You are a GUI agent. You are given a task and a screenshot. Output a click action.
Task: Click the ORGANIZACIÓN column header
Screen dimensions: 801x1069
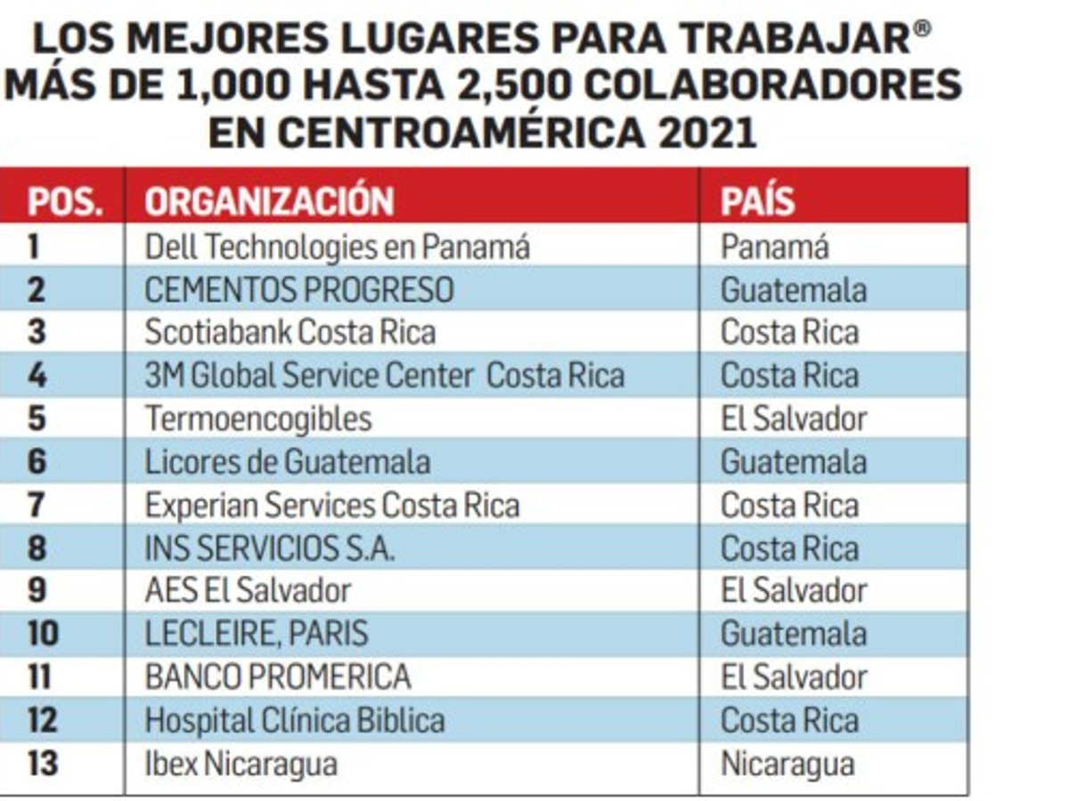pos(269,202)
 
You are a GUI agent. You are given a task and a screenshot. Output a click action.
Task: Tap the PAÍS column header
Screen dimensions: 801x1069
pos(757,202)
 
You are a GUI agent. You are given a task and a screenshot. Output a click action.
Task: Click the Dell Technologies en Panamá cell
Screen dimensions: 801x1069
pos(337,247)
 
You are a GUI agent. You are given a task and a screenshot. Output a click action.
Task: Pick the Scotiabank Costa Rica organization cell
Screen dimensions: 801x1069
pos(290,333)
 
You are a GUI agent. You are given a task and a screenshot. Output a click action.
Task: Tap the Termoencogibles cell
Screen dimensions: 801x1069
pos(258,418)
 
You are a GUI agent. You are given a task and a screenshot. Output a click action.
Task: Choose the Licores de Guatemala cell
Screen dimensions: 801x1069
pos(287,462)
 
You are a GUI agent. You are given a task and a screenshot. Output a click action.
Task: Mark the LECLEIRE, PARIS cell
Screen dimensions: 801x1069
pos(257,634)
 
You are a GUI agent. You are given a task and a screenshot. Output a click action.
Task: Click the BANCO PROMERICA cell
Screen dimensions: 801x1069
pos(278,677)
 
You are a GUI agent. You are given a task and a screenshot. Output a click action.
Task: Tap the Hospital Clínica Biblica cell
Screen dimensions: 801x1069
pos(294,720)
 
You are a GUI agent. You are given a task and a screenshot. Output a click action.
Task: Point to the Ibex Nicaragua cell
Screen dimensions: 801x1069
pos(241,764)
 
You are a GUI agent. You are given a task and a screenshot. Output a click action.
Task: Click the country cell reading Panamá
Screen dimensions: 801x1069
pos(774,247)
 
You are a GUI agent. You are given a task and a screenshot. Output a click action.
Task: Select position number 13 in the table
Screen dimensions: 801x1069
pos(43,764)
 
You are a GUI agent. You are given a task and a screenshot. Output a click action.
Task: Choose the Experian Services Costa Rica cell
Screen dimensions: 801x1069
pos(331,506)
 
